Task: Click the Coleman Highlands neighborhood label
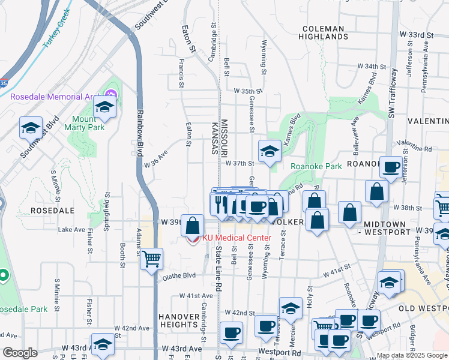click(x=324, y=32)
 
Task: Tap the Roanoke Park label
click(x=310, y=166)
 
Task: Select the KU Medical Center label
click(x=237, y=238)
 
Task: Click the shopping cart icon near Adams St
click(x=151, y=259)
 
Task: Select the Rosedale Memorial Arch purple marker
click(x=110, y=95)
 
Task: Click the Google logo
click(x=20, y=353)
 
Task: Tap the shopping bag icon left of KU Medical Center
click(x=193, y=226)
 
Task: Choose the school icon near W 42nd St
click(x=291, y=309)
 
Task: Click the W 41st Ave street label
click(x=196, y=296)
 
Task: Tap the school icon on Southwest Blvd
click(x=31, y=127)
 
